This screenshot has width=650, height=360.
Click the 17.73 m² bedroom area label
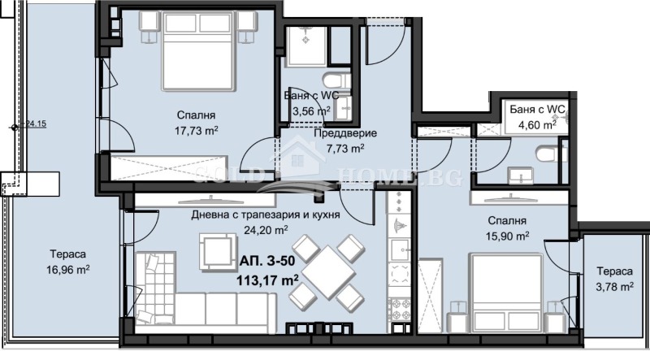[192, 129]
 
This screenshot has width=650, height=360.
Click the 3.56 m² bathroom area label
[311, 111]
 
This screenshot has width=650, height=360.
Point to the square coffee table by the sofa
[217, 245]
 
